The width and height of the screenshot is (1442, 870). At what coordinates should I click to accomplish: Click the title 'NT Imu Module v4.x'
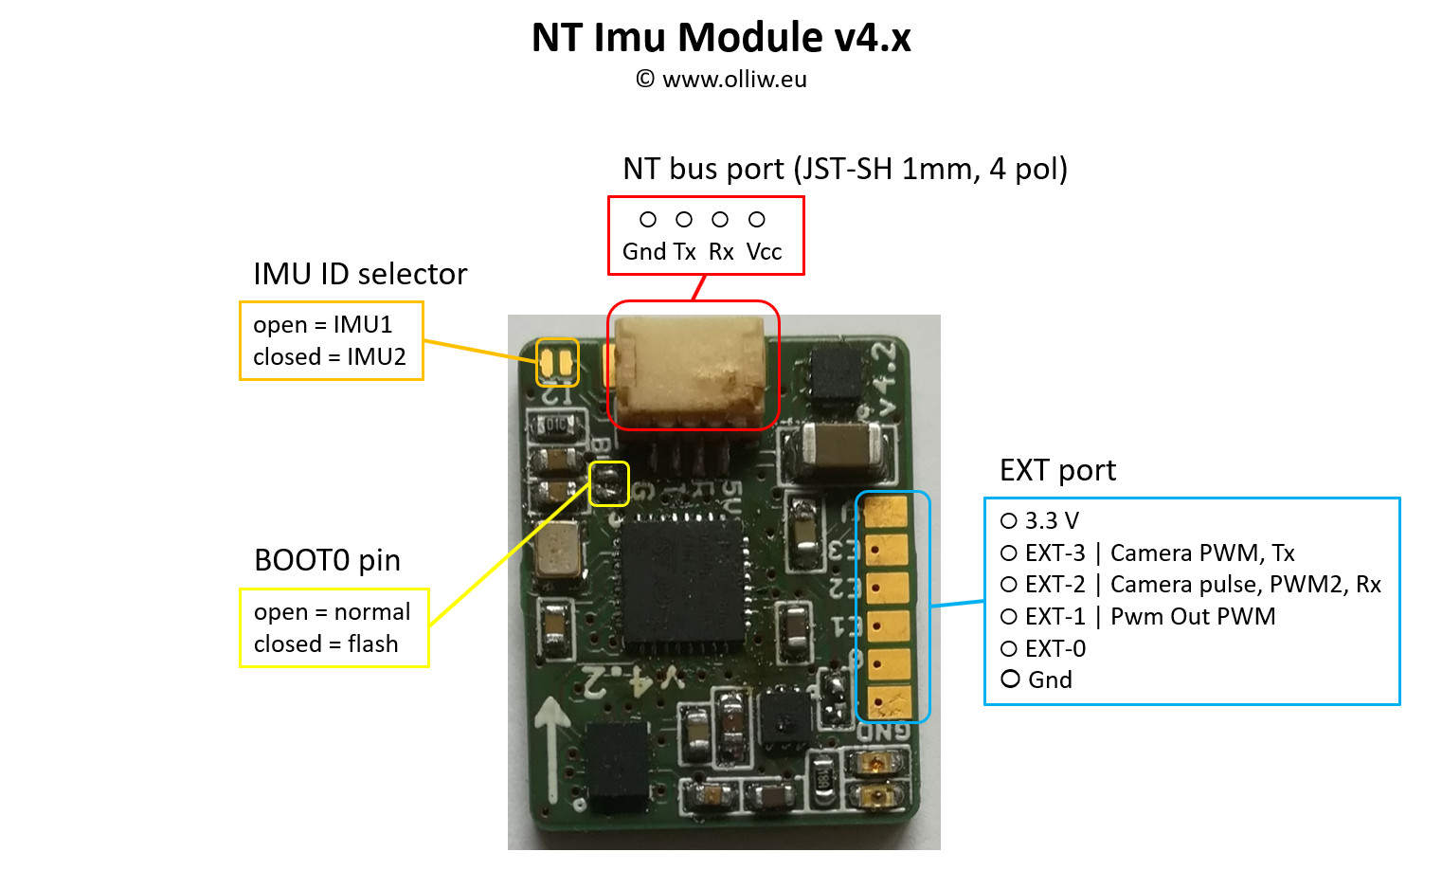[x=721, y=38]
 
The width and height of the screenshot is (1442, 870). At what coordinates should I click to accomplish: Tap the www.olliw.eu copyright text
[x=721, y=80]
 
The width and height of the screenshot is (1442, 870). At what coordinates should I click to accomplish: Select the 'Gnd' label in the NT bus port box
[x=644, y=252]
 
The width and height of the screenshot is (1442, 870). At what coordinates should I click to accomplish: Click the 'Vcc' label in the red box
[x=764, y=252]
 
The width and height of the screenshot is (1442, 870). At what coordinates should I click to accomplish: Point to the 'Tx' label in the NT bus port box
[x=685, y=252]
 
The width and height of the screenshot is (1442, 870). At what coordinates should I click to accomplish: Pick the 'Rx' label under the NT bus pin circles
[x=721, y=252]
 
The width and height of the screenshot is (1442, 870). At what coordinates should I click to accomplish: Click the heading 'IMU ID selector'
[x=360, y=274]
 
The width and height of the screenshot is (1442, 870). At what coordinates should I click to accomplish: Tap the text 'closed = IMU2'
[x=329, y=357]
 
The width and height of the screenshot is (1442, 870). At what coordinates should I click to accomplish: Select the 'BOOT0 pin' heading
[x=327, y=560]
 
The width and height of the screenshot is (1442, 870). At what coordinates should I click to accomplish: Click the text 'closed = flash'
[x=326, y=644]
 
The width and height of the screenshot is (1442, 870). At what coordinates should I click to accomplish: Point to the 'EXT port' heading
[x=1057, y=470]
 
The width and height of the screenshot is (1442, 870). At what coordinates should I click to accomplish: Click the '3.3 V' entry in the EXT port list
[x=1052, y=520]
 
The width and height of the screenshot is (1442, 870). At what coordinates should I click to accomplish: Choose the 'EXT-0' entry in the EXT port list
[x=1054, y=648]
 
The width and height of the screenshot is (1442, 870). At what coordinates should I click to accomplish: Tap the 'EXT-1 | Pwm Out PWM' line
[x=1149, y=617]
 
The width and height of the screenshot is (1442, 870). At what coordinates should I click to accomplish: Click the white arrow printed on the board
[x=552, y=749]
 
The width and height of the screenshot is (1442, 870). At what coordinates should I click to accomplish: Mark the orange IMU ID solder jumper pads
[x=557, y=362]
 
